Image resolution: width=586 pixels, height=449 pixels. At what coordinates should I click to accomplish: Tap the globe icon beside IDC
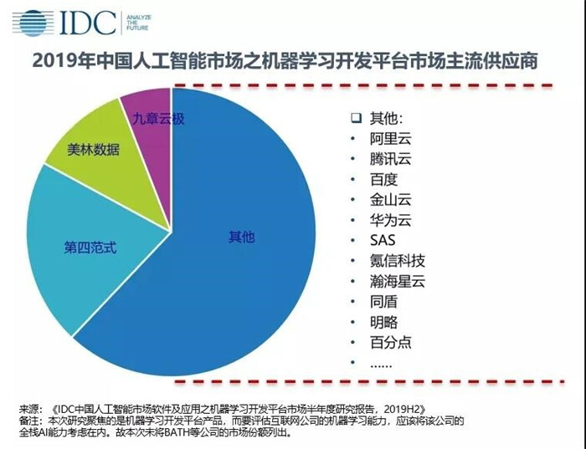(30, 23)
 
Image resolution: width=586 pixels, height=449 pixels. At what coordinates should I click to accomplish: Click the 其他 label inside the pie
(240, 237)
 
